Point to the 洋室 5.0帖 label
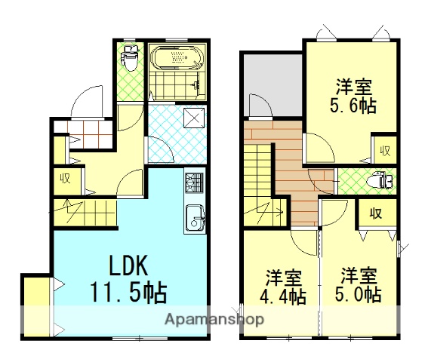click(x=359, y=285)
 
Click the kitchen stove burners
click(x=194, y=183)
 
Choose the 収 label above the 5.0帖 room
click(x=374, y=213)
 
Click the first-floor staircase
click(x=83, y=209)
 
